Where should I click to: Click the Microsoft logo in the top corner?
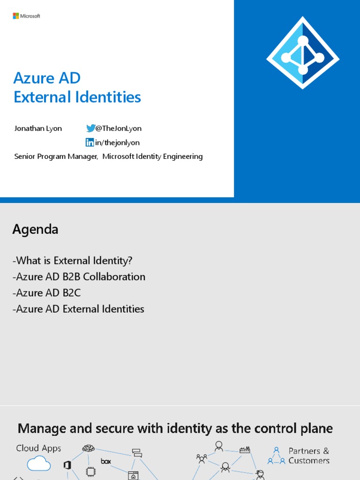click(26, 16)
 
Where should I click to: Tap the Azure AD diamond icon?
click(303, 52)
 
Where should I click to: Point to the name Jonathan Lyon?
click(38, 128)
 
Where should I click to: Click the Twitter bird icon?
click(90, 128)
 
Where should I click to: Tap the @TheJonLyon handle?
click(118, 128)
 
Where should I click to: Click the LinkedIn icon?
click(90, 142)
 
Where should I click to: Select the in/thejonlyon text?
click(117, 142)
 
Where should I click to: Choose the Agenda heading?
click(35, 229)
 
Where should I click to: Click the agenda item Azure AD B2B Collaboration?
click(79, 277)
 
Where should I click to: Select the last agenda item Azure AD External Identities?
click(78, 309)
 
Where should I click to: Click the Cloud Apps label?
click(38, 448)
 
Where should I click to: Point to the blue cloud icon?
click(38, 464)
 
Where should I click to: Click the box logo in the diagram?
click(106, 461)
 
